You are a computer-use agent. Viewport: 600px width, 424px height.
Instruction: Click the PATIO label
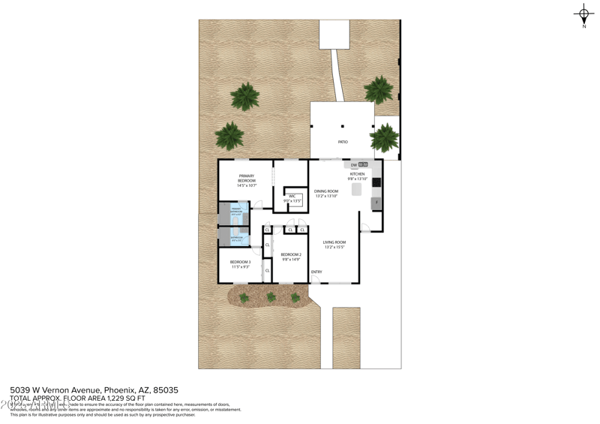(x=343, y=142)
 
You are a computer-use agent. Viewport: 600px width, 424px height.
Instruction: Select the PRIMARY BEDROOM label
(x=247, y=179)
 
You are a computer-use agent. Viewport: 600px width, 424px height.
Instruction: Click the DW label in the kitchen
(x=354, y=165)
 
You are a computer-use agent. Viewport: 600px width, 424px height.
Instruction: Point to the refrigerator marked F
(x=376, y=203)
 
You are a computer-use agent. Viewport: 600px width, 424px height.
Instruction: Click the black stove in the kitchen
(x=376, y=182)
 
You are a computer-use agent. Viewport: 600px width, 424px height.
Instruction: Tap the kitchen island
(x=357, y=189)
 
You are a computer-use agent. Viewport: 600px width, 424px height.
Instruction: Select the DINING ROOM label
(x=326, y=191)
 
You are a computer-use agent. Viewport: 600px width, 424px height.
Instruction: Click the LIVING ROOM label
(x=334, y=242)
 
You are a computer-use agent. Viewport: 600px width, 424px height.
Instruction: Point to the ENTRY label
(x=316, y=272)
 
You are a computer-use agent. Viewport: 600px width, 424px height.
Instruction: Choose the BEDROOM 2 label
(x=291, y=254)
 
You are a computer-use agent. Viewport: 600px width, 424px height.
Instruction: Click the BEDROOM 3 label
(x=240, y=262)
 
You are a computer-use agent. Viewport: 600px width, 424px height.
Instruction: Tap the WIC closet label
(x=292, y=197)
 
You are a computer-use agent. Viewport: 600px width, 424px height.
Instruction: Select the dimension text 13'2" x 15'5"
(x=334, y=247)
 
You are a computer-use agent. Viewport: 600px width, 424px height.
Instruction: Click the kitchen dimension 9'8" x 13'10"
(x=357, y=179)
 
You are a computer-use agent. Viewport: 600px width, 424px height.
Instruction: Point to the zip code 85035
(x=166, y=390)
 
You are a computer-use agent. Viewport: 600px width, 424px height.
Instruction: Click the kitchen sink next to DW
(x=363, y=164)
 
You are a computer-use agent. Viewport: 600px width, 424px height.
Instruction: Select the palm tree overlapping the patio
(x=385, y=137)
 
